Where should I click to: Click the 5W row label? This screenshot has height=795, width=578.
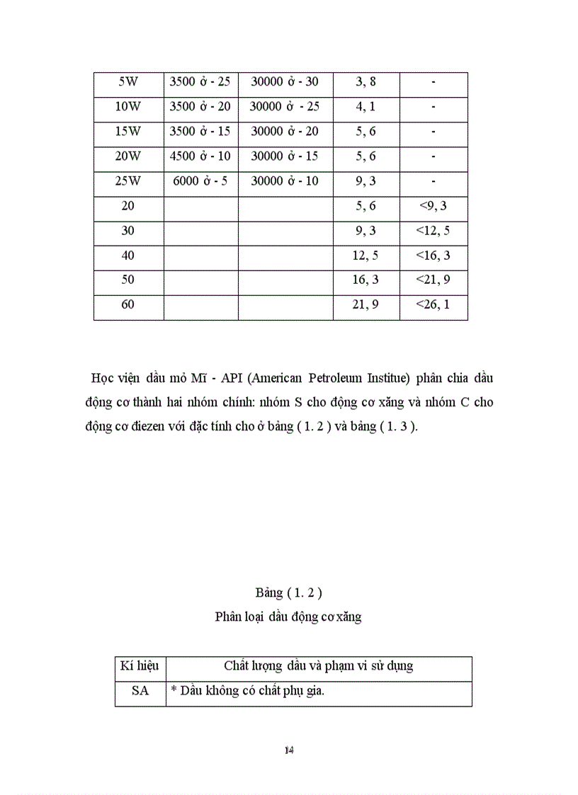pos(128,82)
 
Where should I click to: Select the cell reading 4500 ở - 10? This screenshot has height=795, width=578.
pos(200,156)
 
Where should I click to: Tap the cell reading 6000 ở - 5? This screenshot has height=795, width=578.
pos(200,181)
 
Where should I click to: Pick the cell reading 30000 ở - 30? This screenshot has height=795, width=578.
pos(285,82)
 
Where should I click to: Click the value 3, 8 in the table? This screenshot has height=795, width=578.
pos(365,82)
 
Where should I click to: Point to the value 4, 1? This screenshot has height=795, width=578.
pos(365,107)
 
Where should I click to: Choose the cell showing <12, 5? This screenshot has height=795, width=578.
pos(433,231)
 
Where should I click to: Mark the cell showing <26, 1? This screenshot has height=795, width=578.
pos(433,305)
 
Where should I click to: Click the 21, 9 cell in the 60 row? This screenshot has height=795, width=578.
pos(365,305)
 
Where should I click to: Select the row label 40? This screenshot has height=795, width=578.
pos(128,256)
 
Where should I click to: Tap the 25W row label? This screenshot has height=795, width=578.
pos(128,181)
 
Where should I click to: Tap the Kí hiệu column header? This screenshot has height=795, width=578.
pos(140,666)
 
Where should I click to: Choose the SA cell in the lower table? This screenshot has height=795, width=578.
pos(140,692)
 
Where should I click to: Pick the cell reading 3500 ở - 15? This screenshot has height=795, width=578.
pos(200,132)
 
